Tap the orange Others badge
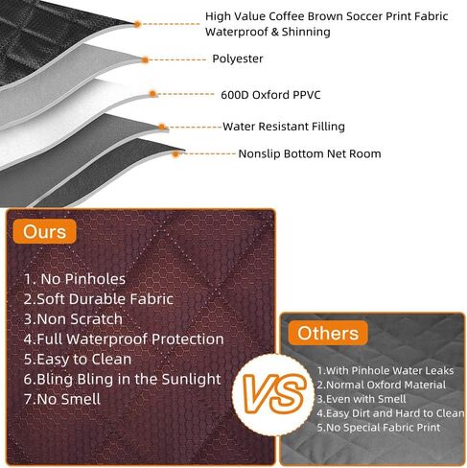pyautogui.click(x=326, y=335)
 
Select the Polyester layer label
pyautogui.click(x=237, y=58)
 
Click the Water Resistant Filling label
pyautogui.click(x=284, y=126)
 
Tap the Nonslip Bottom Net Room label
pyautogui.click(x=310, y=153)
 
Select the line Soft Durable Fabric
pyautogui.click(x=96, y=298)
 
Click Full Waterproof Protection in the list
pyautogui.click(x=124, y=339)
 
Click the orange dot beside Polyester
pyautogui.click(x=145, y=58)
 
